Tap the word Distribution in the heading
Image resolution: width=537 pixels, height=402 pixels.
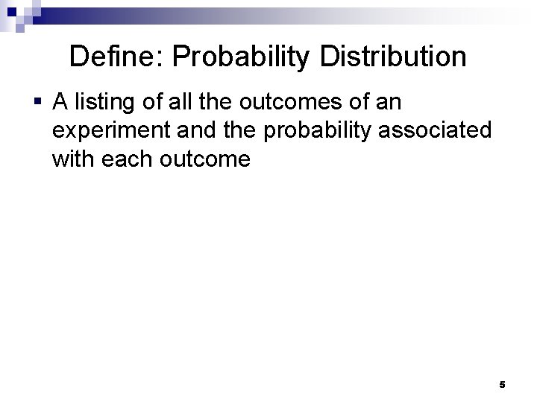click(x=395, y=57)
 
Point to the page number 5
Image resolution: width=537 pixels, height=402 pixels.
click(x=502, y=385)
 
